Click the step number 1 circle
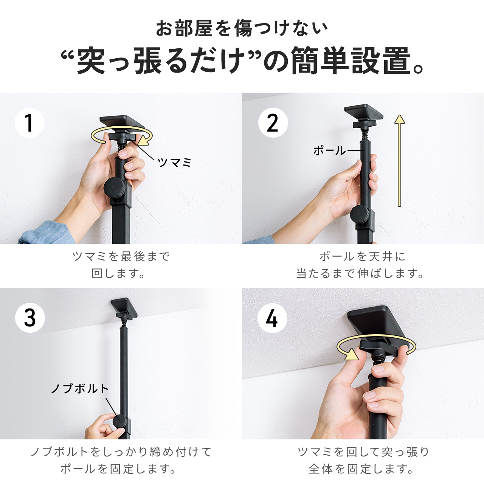tap(29, 123)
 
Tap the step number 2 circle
tap(273, 123)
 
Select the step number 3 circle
tap(30, 318)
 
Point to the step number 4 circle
tap(272, 318)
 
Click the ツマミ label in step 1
tap(174, 163)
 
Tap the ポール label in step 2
tap(329, 151)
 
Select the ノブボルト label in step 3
tap(80, 389)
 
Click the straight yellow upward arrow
tap(399, 160)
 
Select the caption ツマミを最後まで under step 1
tap(121, 256)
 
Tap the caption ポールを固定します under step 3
tap(118, 468)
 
